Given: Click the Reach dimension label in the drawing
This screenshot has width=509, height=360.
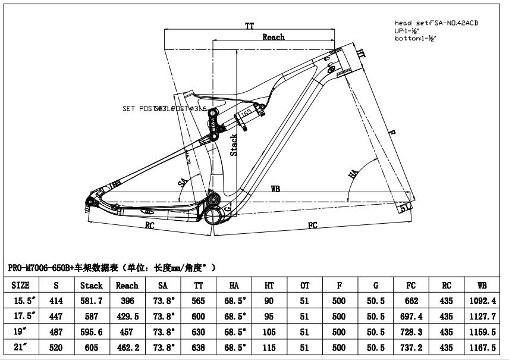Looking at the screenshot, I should (x=274, y=37).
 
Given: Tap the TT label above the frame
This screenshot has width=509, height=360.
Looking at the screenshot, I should (x=250, y=26).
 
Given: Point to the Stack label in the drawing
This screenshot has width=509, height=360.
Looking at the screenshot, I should (x=234, y=145).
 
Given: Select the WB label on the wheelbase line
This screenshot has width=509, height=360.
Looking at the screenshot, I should (x=275, y=189).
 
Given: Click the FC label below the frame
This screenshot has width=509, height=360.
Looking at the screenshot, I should (x=313, y=225).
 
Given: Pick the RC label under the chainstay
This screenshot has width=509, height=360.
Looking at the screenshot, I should (x=150, y=225).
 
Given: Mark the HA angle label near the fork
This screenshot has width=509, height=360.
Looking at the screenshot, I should (x=353, y=174).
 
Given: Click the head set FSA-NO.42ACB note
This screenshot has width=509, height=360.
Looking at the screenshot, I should (x=436, y=23).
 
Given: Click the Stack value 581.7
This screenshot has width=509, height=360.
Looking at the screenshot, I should (x=91, y=301).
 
